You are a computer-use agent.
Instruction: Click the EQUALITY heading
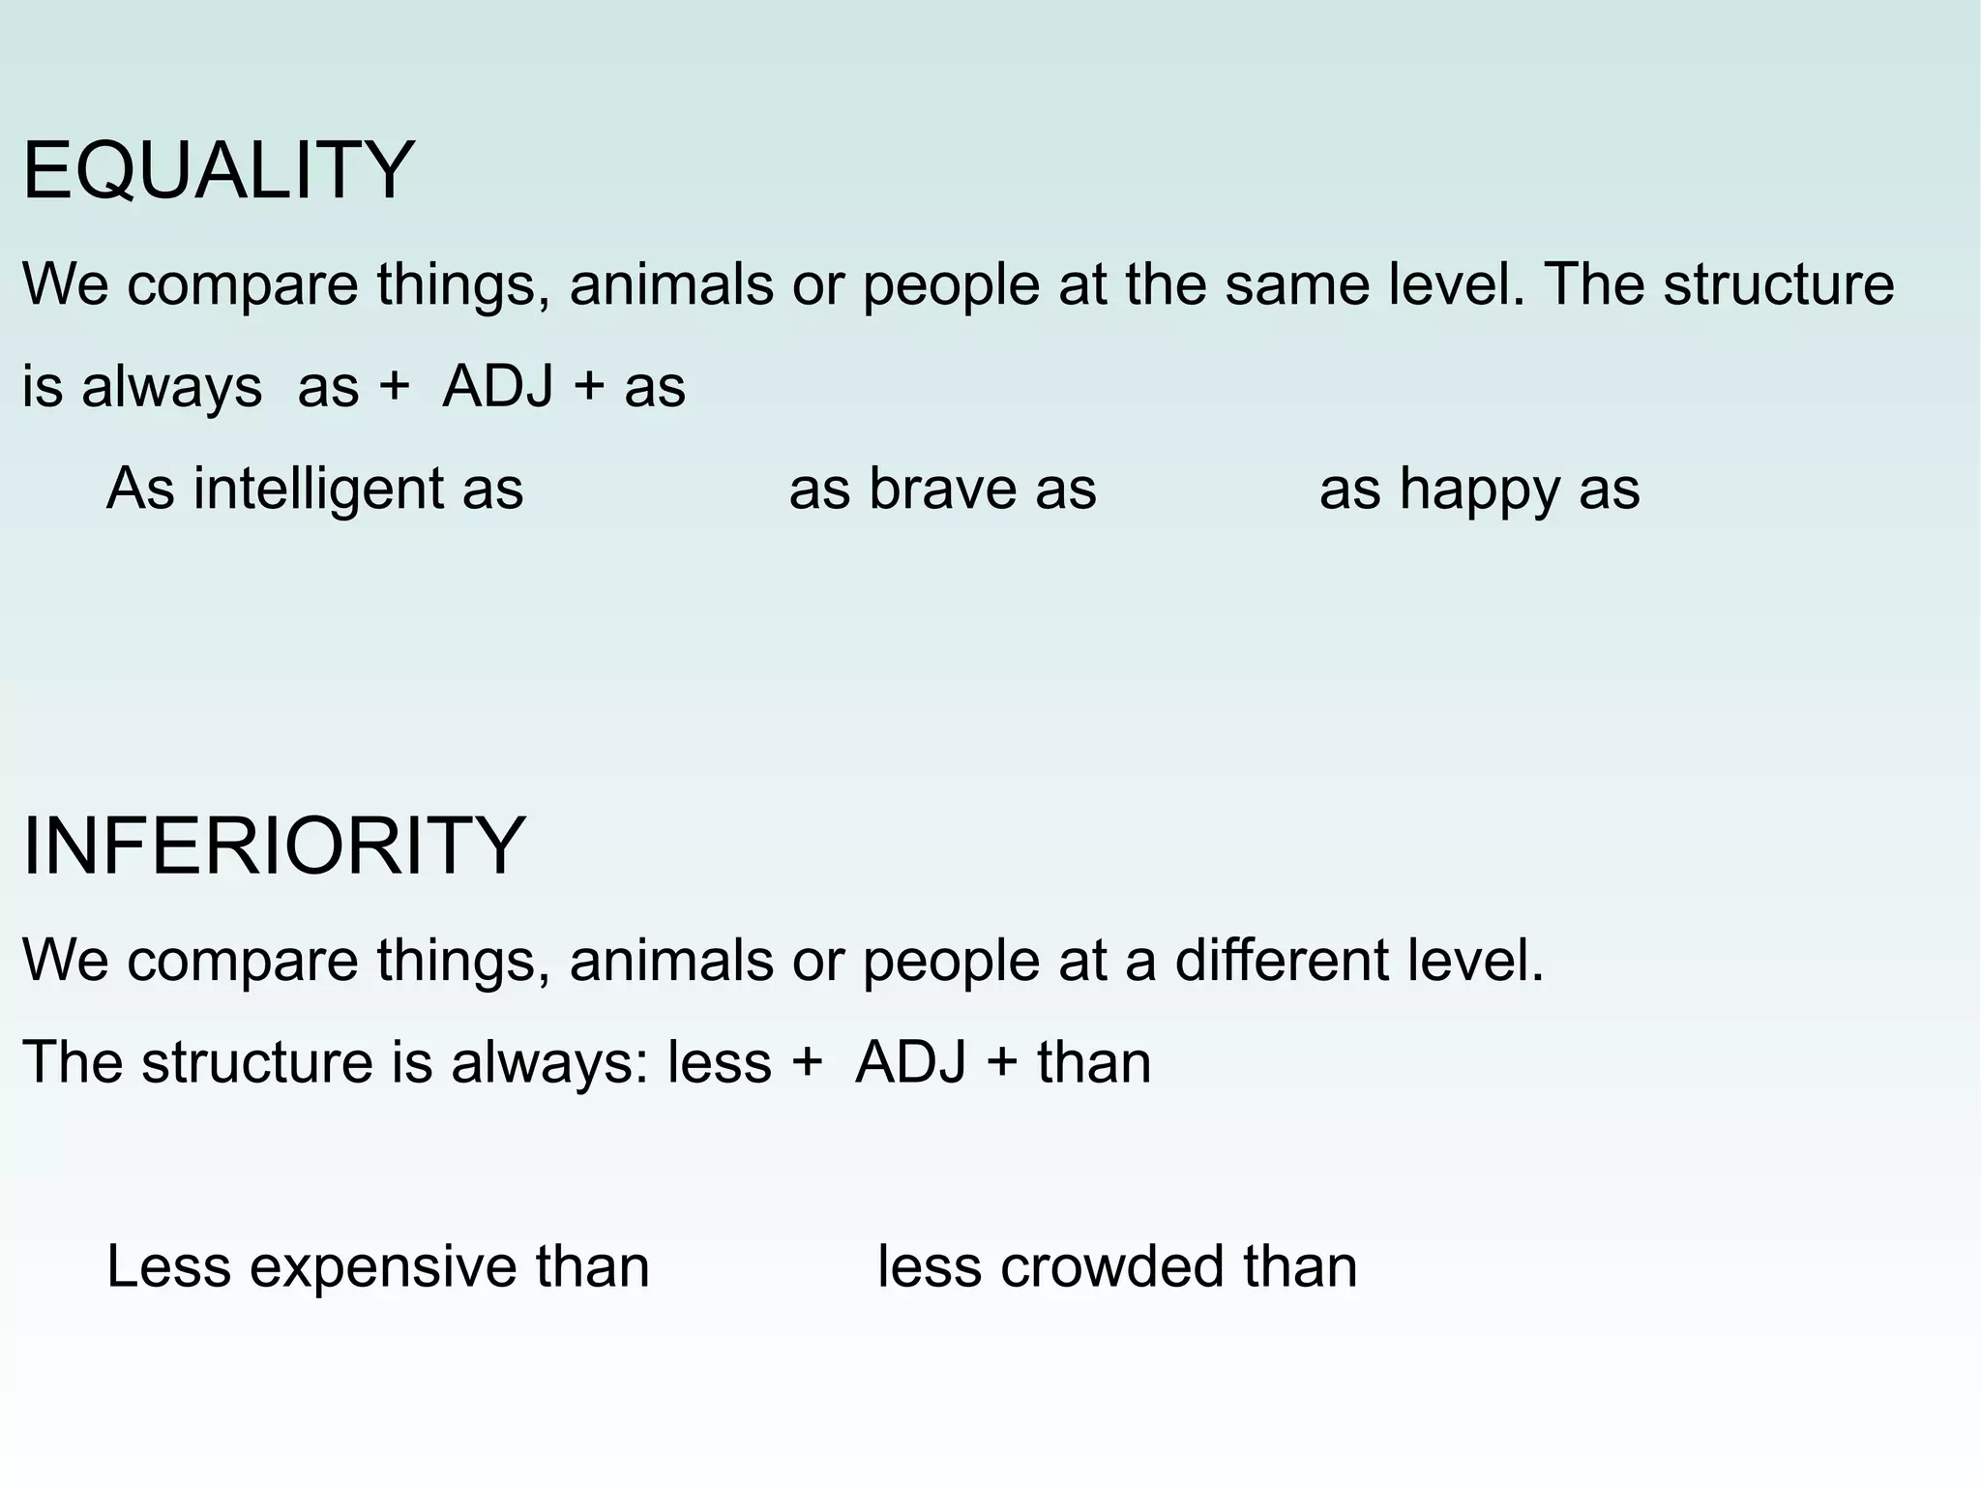(x=219, y=171)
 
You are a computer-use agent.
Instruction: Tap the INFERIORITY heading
(x=274, y=846)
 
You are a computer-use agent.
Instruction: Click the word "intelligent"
(x=318, y=489)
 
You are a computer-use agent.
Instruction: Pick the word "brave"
(x=942, y=489)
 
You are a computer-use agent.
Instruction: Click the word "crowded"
(x=1111, y=1266)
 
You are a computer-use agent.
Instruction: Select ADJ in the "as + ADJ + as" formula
(x=497, y=387)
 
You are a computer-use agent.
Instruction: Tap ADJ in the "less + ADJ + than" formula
(x=910, y=1062)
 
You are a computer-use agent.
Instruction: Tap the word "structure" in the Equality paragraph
(x=1778, y=284)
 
